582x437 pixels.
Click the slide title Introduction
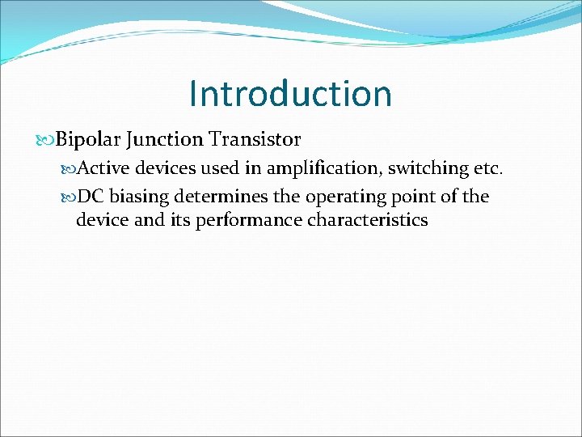click(x=290, y=93)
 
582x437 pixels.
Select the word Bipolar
click(x=89, y=140)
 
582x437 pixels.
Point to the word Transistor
click(x=255, y=140)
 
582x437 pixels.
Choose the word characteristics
click(x=368, y=220)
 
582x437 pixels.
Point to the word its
click(x=179, y=220)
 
